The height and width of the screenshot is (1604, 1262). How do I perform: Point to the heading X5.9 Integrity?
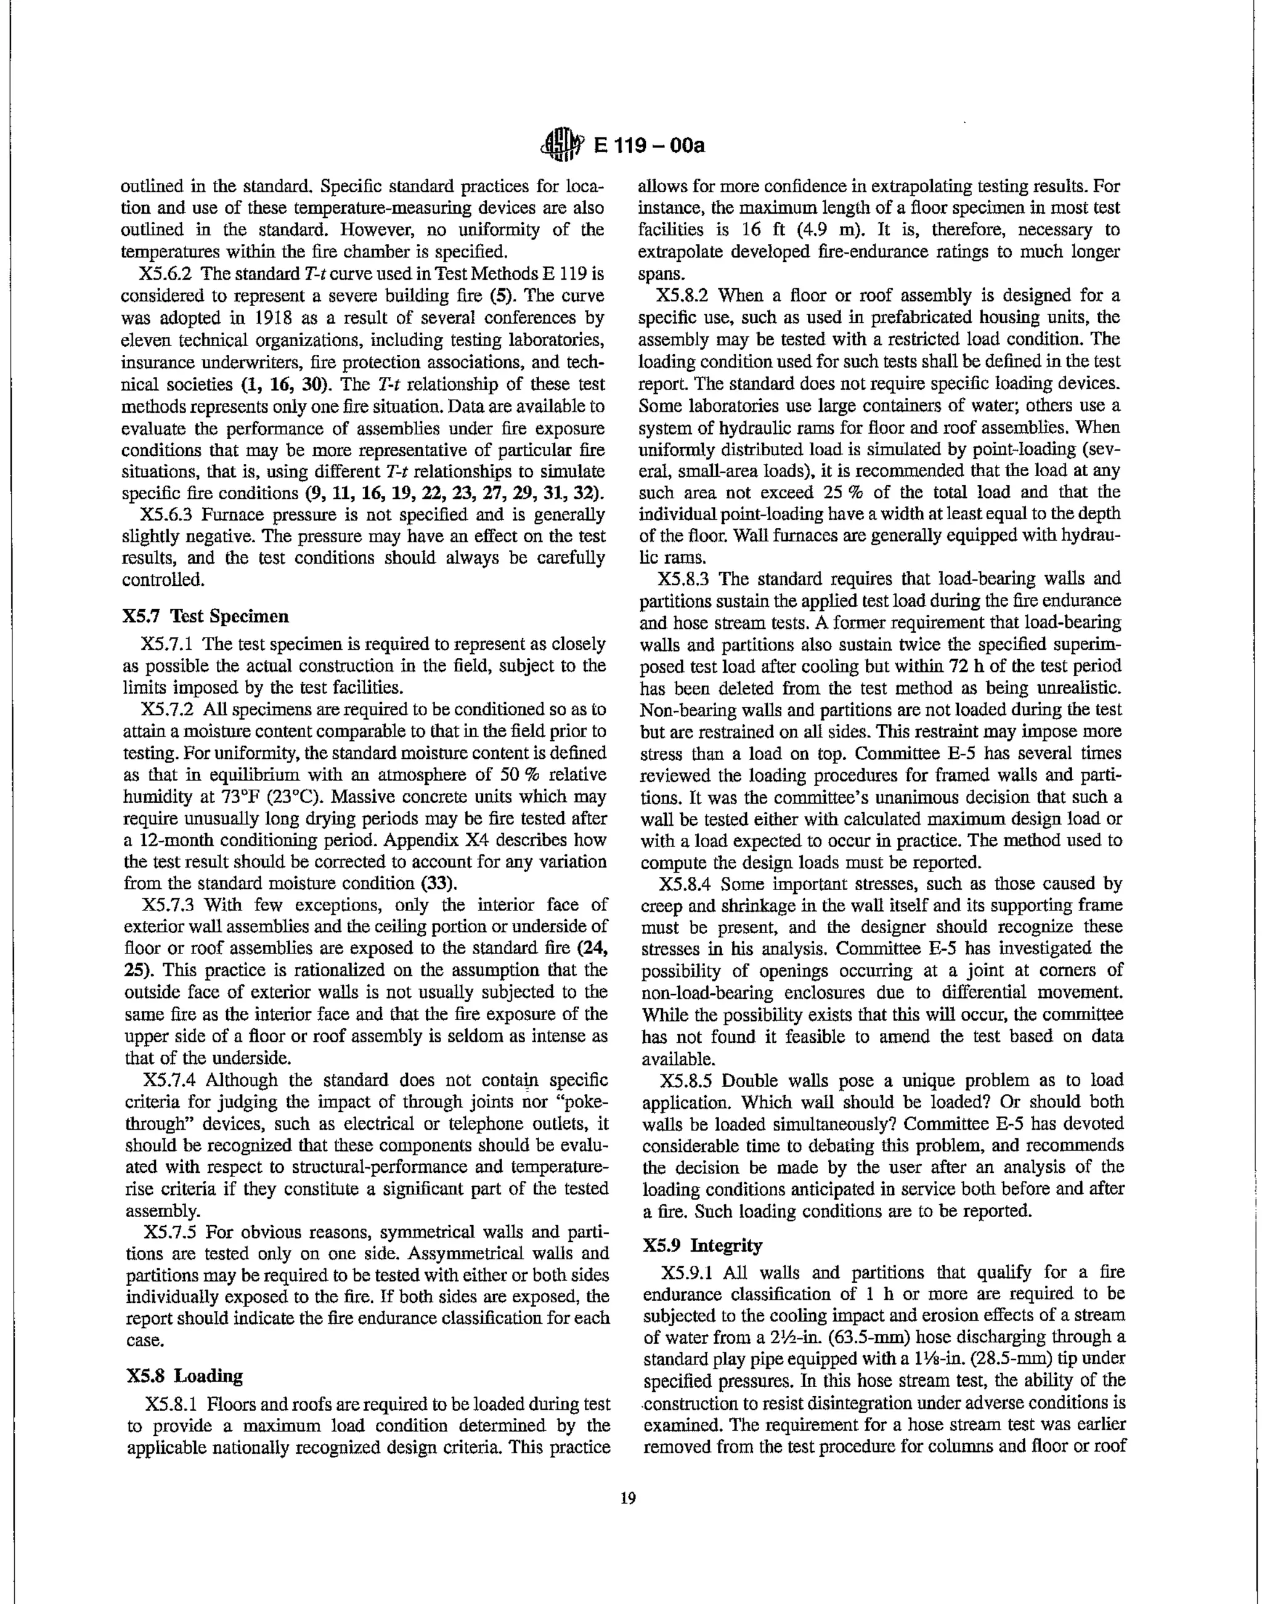point(702,1245)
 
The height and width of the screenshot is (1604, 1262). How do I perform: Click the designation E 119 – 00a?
point(649,146)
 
